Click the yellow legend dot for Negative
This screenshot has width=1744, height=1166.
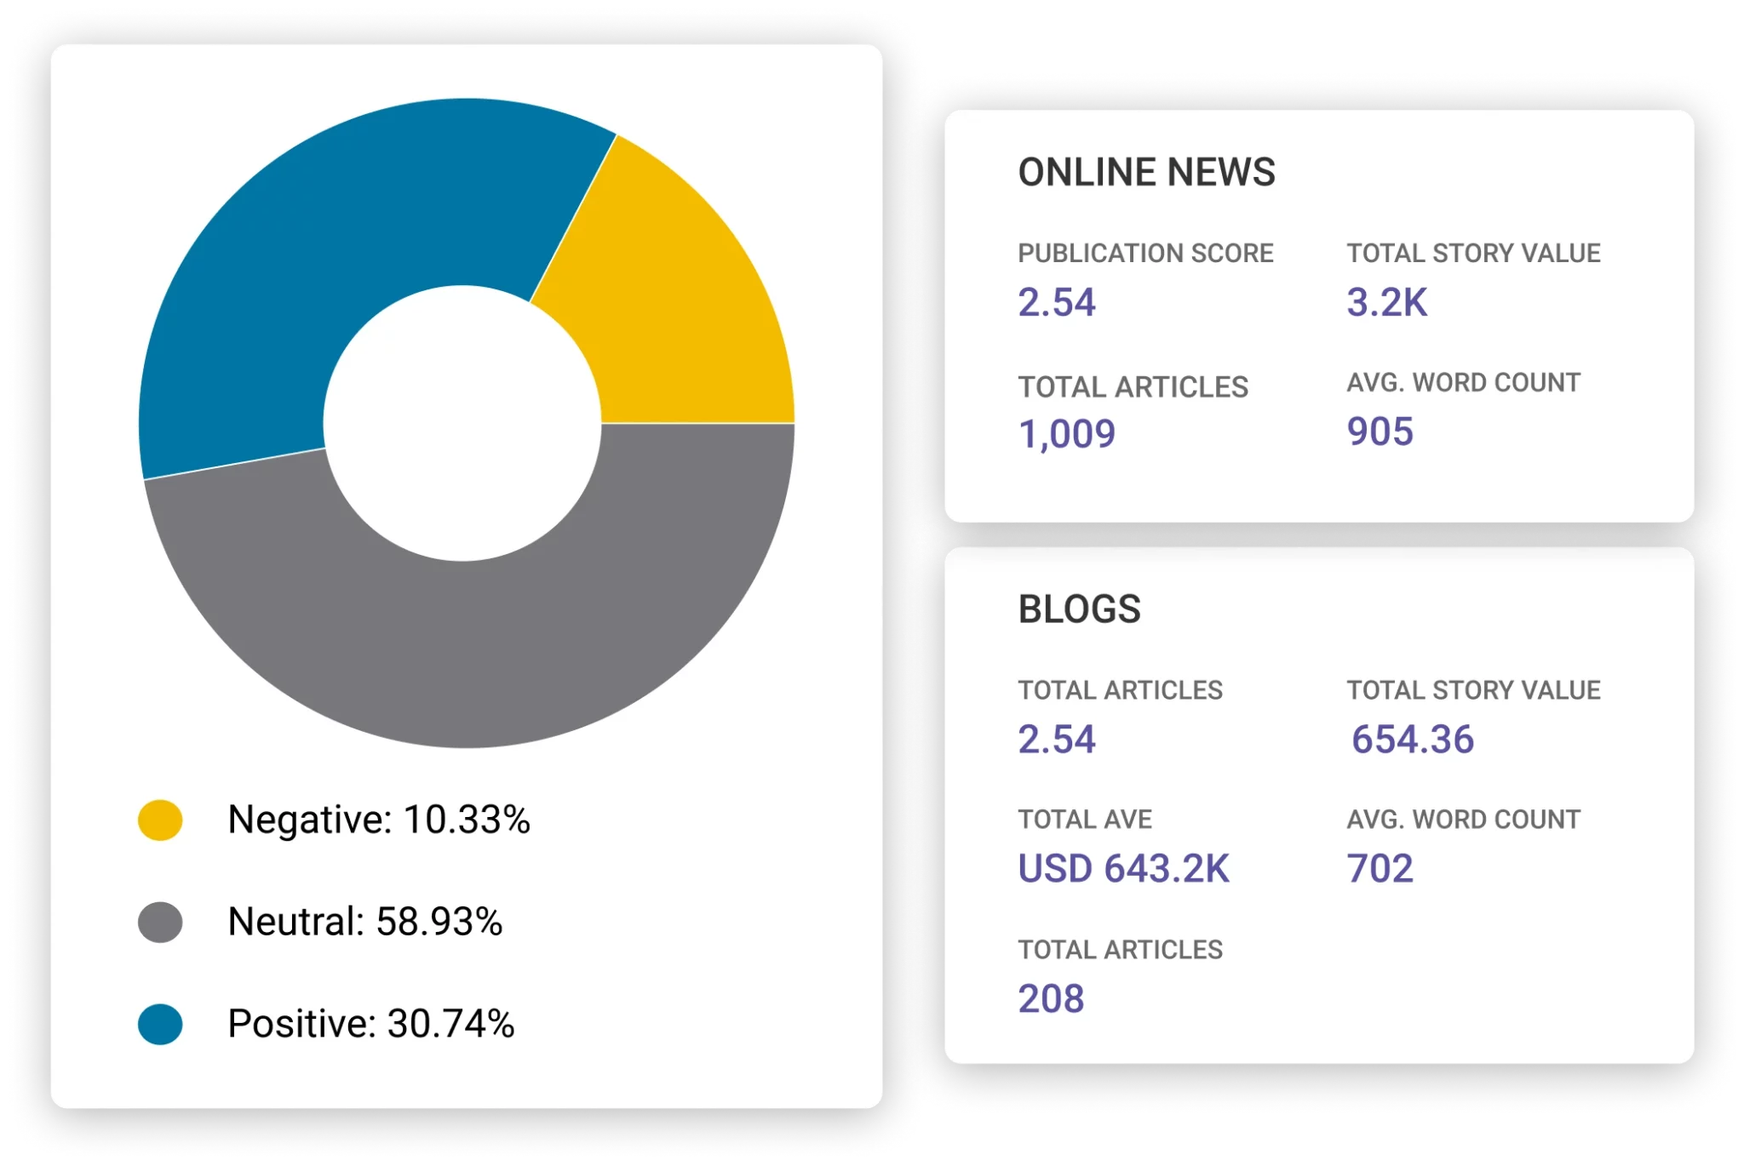(160, 820)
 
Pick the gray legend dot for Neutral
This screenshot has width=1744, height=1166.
(160, 922)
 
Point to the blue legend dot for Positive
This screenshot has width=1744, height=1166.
(160, 1024)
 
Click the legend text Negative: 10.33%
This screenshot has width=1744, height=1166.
(379, 820)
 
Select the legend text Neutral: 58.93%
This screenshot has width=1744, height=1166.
(365, 922)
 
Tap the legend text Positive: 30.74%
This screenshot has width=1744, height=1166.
(371, 1024)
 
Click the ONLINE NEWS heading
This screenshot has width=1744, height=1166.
(1146, 172)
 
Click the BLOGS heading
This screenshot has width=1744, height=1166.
(1079, 609)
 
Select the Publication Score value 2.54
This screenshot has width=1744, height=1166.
(1057, 302)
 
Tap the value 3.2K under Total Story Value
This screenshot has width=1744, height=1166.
(1386, 302)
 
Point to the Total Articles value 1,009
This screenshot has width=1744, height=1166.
(1067, 434)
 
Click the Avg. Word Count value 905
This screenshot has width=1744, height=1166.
(1380, 432)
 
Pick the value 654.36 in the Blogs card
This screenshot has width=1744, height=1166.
(1413, 739)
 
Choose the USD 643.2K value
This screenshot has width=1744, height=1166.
(1124, 869)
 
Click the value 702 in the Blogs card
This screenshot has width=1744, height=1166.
(1380, 869)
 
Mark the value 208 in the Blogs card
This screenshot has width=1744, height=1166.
(1051, 998)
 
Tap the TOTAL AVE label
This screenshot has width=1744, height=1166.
(1085, 820)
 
